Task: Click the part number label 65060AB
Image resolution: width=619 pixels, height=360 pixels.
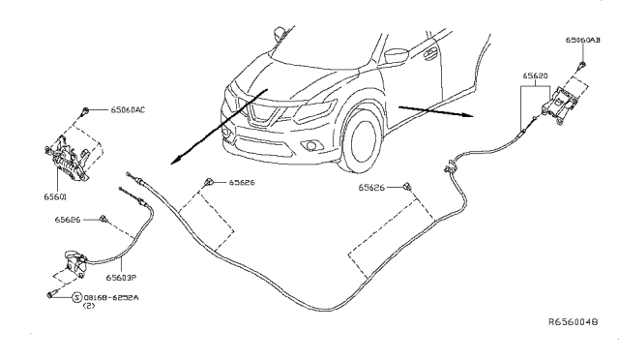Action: (x=582, y=40)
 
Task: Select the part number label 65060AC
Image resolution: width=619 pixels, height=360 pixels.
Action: (x=128, y=110)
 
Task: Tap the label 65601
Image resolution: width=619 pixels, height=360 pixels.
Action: (x=55, y=196)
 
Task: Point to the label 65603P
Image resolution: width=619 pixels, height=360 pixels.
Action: (x=121, y=278)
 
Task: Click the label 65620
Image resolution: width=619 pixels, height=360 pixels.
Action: (x=535, y=75)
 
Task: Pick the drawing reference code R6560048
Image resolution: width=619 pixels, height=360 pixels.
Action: (x=574, y=321)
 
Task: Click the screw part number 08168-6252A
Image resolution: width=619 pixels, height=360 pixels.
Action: (x=111, y=297)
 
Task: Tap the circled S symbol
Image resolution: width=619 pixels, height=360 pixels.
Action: (x=77, y=297)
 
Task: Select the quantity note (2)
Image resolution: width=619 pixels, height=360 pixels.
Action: (x=89, y=306)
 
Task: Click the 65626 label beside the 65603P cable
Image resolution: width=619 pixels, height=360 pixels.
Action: (x=68, y=220)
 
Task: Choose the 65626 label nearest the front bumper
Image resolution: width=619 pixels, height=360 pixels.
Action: (x=242, y=183)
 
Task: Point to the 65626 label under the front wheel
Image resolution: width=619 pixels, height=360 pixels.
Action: (x=371, y=188)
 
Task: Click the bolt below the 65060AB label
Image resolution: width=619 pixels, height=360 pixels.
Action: (x=582, y=65)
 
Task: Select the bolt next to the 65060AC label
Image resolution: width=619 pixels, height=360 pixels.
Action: (x=84, y=111)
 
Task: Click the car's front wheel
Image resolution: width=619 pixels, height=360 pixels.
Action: (x=362, y=141)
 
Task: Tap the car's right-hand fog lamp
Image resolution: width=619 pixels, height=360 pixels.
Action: (x=311, y=146)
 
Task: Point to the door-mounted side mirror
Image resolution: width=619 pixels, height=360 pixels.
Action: (x=396, y=56)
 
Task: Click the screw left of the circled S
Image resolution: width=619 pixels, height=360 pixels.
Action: (x=51, y=294)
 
